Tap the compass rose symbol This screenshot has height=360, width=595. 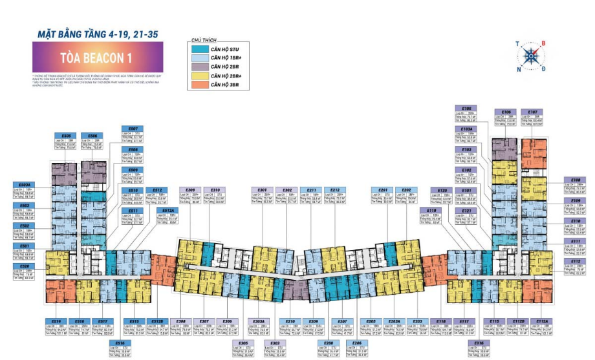(x=530, y=56)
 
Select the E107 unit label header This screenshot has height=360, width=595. (x=528, y=112)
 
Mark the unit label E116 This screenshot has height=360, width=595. (x=479, y=343)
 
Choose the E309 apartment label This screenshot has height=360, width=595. (x=191, y=190)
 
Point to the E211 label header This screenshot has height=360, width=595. (x=312, y=190)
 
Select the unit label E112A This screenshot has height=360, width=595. (x=543, y=321)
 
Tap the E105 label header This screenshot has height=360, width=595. (x=466, y=108)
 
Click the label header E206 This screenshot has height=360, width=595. (x=354, y=343)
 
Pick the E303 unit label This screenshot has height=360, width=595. (x=274, y=343)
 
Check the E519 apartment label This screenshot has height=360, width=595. (x=56, y=321)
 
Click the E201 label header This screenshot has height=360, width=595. (x=383, y=190)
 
